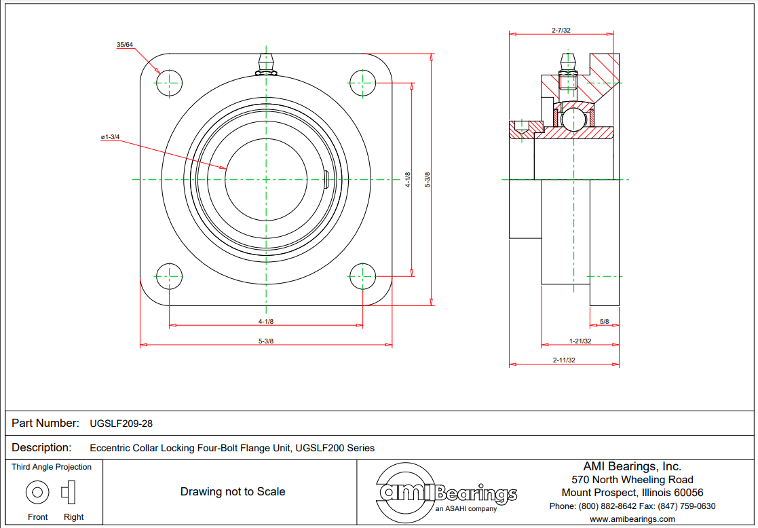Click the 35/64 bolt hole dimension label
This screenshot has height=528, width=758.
pos(125,45)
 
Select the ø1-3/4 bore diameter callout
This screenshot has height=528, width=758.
pos(109,137)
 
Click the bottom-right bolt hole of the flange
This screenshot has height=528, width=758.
pos(362,276)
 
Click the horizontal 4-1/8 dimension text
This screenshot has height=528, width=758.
pos(265,321)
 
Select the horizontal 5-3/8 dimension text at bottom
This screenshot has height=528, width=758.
pos(265,341)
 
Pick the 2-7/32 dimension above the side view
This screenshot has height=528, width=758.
pos(561,30)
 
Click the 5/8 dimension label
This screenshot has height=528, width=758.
pos(604,321)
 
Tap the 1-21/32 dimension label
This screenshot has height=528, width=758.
pos(580,341)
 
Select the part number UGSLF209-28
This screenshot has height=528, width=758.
pos(121,423)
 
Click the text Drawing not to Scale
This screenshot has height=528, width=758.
pos(232,491)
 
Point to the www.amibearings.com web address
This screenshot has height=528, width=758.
pos(632,519)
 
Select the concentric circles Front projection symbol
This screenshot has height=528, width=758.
pos(37,491)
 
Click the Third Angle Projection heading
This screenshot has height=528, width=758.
pos(52,467)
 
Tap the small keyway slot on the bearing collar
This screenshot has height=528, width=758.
pos(327,179)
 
